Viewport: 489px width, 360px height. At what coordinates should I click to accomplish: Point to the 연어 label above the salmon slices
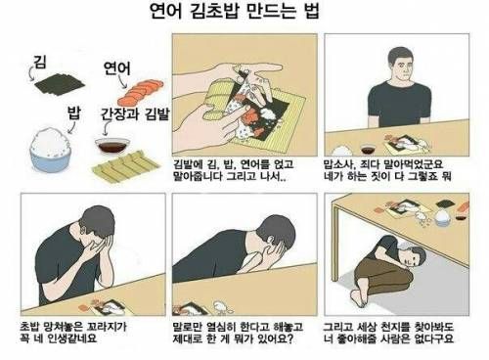116,67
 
